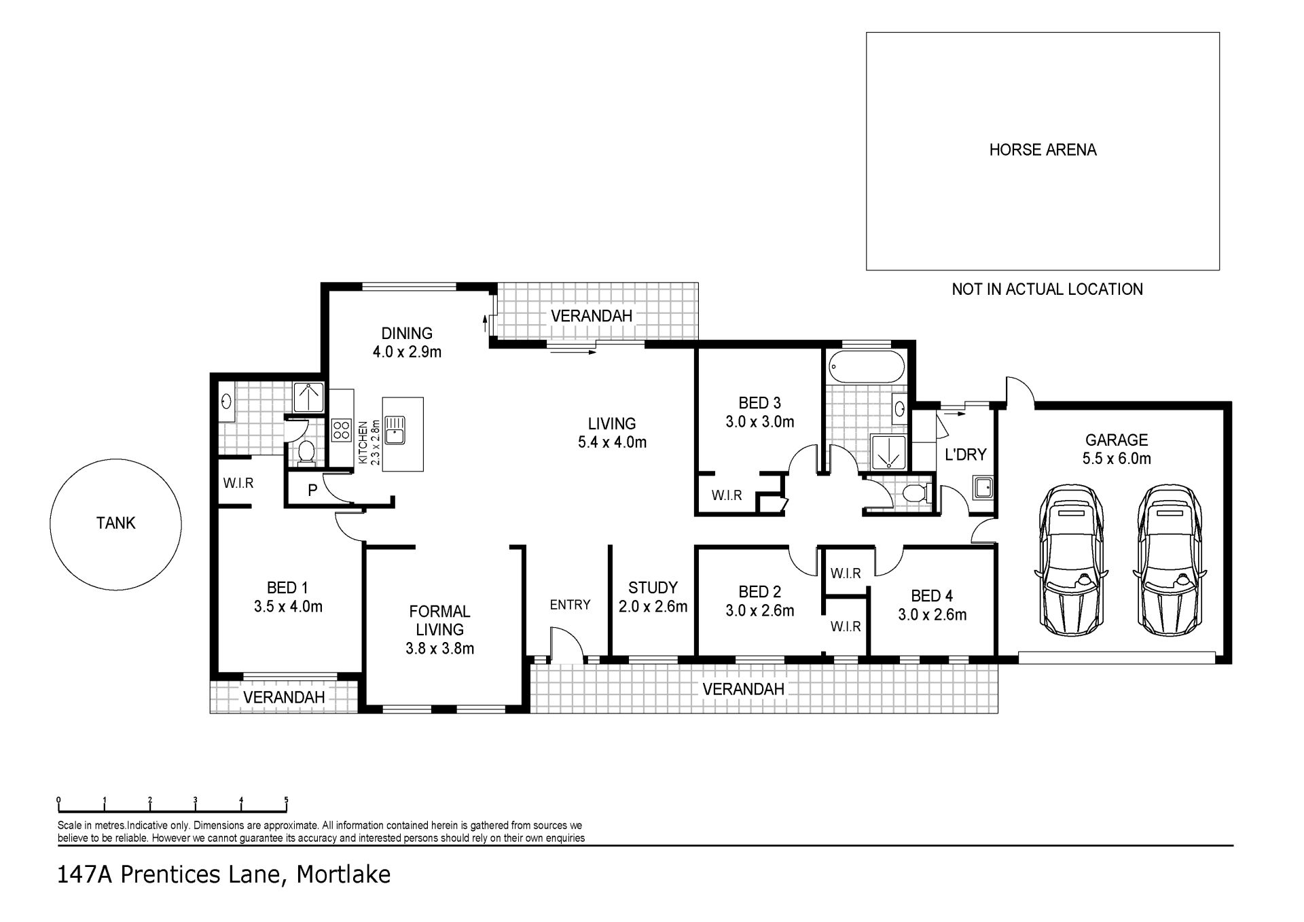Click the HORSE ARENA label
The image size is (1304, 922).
click(x=1043, y=149)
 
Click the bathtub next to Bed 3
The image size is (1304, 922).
click(x=867, y=368)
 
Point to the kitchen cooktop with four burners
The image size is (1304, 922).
click(x=340, y=430)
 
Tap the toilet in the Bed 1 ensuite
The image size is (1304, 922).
click(x=306, y=452)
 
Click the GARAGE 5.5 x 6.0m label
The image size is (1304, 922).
click(x=1117, y=449)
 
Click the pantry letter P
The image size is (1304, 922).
click(x=312, y=490)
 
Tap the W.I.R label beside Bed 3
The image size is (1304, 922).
click(x=727, y=495)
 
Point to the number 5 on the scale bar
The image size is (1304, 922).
click(x=287, y=800)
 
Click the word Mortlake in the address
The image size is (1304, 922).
click(x=344, y=874)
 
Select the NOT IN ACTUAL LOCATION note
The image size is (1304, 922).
click(x=1047, y=289)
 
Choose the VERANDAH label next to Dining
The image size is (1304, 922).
click(x=591, y=316)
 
